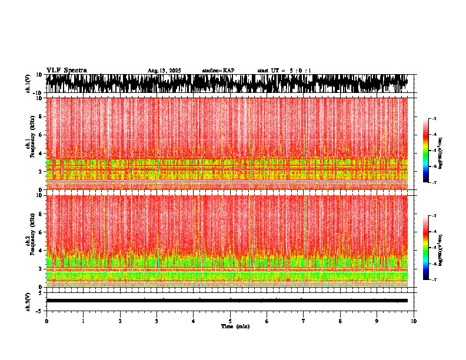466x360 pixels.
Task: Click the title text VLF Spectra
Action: (x=66, y=70)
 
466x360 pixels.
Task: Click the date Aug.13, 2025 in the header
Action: (x=164, y=71)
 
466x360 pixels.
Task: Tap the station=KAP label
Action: (x=218, y=71)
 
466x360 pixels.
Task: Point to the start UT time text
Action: (x=284, y=71)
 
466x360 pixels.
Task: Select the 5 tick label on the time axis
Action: (x=230, y=321)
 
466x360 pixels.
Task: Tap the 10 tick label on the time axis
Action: (x=414, y=321)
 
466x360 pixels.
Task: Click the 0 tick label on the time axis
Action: (x=46, y=321)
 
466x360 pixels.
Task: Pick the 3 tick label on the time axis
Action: (x=157, y=321)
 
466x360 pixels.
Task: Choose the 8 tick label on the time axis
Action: (x=340, y=321)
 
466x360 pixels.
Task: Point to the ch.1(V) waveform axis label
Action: (x=28, y=84)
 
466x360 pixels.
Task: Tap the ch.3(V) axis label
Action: (x=28, y=301)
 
